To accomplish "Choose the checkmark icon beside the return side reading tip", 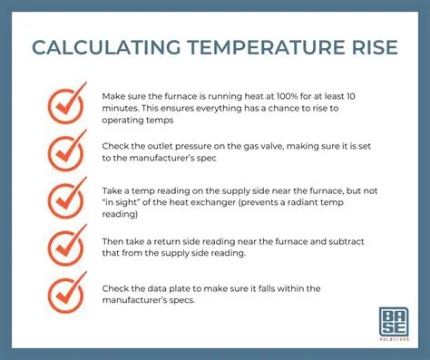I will pyautogui.click(x=67, y=246).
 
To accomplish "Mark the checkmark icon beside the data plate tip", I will pyautogui.click(x=67, y=293).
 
